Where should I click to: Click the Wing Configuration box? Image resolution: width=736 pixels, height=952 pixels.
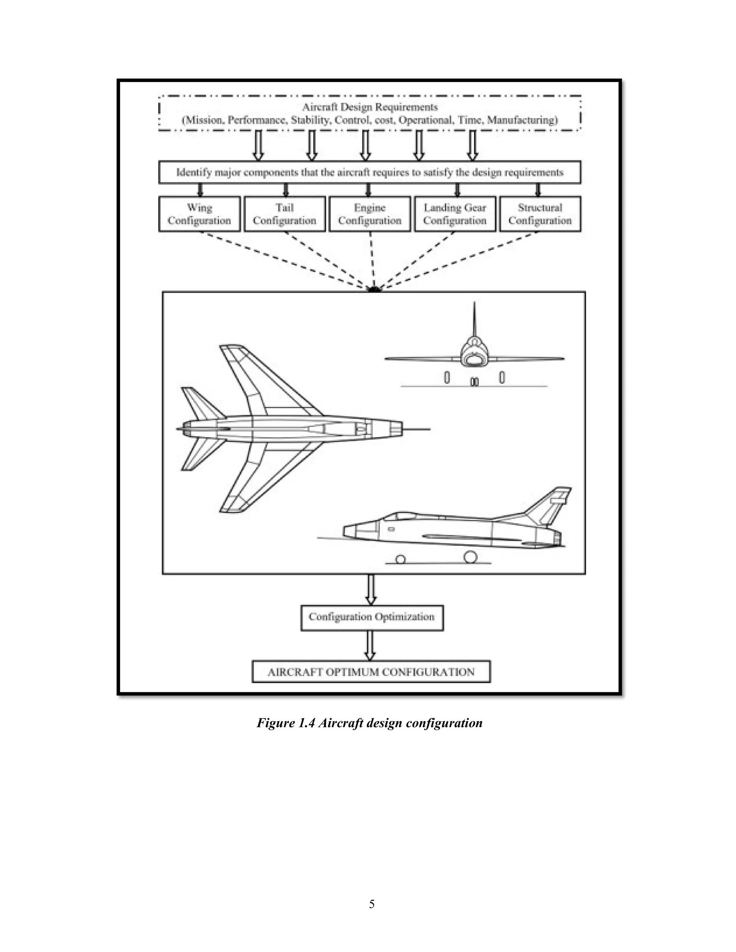(199, 214)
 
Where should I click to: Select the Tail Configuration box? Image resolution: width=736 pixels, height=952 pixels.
(284, 214)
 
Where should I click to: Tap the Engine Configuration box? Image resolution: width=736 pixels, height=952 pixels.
(369, 214)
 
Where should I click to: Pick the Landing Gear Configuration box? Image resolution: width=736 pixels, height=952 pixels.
(454, 214)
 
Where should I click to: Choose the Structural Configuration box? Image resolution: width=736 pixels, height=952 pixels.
(540, 214)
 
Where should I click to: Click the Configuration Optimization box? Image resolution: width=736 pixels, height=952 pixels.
(372, 617)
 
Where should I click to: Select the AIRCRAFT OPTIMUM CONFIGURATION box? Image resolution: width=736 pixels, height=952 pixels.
(371, 672)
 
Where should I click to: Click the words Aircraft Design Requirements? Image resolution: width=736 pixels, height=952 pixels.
(370, 107)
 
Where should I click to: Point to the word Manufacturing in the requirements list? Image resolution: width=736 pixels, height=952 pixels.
(522, 120)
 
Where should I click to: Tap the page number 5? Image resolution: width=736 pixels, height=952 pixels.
(372, 904)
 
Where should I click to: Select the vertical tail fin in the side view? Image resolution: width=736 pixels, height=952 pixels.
(550, 506)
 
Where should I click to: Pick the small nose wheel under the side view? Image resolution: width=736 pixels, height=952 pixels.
(400, 559)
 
